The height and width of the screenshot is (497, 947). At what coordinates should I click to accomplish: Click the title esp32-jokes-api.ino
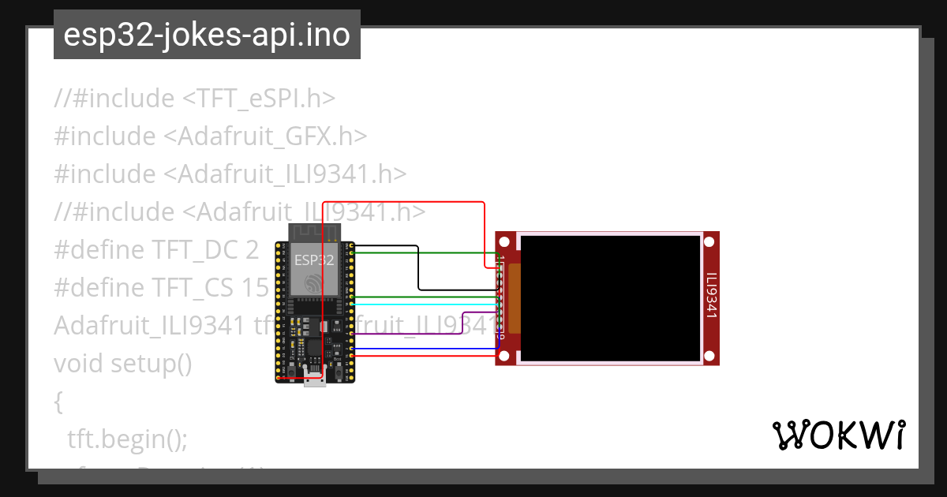pos(207,35)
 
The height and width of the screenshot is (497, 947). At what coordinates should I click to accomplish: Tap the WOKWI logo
pos(838,435)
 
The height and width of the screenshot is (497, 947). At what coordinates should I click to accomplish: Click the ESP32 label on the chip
pos(314,260)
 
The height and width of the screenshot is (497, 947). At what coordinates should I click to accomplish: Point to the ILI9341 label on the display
pos(710,297)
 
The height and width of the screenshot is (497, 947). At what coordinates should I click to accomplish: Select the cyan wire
pos(426,304)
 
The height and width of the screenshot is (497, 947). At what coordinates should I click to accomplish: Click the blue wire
pos(426,348)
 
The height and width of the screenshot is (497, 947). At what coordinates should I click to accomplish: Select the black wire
pos(418,268)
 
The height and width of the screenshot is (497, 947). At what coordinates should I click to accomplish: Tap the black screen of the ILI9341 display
pos(611,298)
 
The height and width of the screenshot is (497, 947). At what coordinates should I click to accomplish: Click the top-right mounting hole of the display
pos(709,241)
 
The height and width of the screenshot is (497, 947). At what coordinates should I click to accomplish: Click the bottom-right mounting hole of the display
pos(709,357)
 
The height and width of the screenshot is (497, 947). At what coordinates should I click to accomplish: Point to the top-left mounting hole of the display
pos(504,241)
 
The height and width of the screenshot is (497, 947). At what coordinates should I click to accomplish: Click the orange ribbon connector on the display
pos(514,298)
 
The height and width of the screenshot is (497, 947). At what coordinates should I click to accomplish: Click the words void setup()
pos(123,364)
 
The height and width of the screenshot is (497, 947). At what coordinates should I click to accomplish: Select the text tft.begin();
pos(127,439)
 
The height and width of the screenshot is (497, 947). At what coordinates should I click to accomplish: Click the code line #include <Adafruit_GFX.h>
pos(211,136)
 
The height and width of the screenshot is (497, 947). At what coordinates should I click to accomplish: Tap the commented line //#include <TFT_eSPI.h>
pos(195,99)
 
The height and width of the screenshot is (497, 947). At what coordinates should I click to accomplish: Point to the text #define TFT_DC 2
pos(156,250)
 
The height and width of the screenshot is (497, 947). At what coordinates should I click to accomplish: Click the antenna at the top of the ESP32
pos(315,233)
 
